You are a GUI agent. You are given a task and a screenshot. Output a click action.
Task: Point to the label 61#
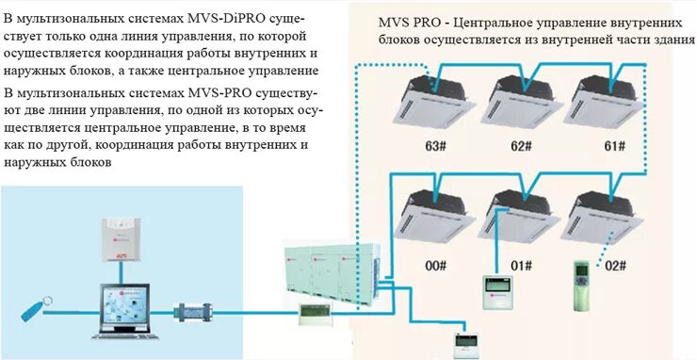(615, 146)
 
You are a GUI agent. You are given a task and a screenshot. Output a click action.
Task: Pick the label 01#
(521, 267)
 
